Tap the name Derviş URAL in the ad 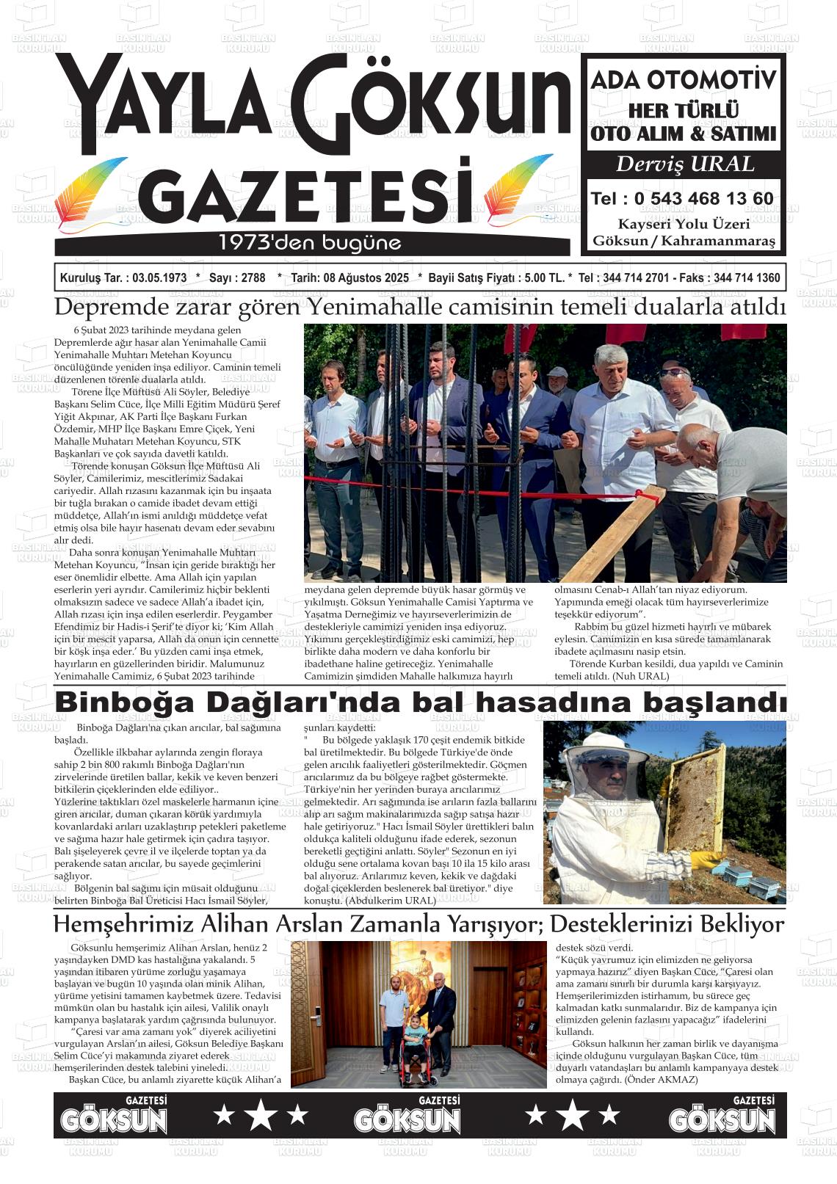tap(684, 164)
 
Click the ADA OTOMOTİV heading tap(683, 80)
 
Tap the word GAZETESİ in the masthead tap(304, 193)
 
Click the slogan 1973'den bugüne tap(310, 242)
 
